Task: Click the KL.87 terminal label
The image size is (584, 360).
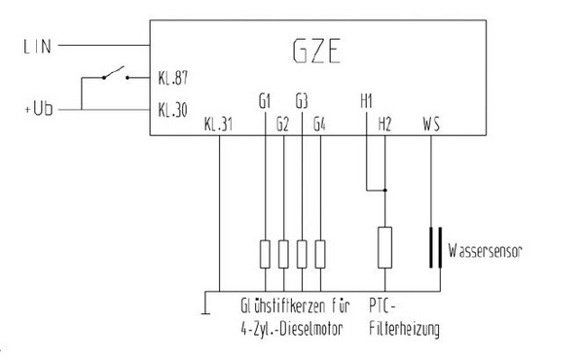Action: click(171, 76)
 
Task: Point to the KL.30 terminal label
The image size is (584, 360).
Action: click(171, 110)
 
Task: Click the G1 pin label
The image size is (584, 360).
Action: click(265, 100)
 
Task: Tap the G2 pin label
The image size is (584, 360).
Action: click(282, 124)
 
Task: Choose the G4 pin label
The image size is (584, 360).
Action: click(319, 124)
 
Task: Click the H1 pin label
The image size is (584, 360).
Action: click(366, 100)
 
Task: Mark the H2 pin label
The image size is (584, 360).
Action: click(384, 124)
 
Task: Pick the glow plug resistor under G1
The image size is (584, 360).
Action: click(265, 254)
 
